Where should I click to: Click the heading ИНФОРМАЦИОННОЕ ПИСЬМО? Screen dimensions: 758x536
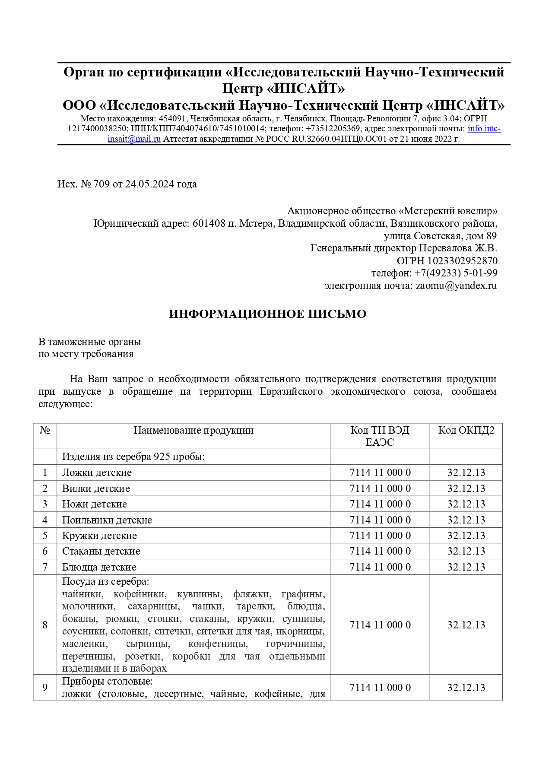[x=267, y=314]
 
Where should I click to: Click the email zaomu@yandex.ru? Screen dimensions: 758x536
[x=456, y=286]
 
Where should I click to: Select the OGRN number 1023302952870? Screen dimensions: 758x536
[x=462, y=261]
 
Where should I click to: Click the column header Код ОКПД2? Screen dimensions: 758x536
[x=466, y=430]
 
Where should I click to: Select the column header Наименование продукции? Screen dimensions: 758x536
[x=193, y=430]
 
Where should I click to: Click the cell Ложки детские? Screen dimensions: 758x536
[x=97, y=473]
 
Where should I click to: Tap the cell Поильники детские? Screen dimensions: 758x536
[x=107, y=520]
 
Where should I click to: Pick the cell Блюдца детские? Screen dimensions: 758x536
[x=99, y=567]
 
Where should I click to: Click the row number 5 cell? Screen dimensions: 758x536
[x=45, y=536]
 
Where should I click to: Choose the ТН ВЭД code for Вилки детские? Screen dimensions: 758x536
[x=380, y=488]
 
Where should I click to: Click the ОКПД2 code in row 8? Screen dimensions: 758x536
[x=466, y=625]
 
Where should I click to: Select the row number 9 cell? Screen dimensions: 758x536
[x=45, y=687]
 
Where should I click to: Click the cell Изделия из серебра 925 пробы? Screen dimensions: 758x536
[x=133, y=457]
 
